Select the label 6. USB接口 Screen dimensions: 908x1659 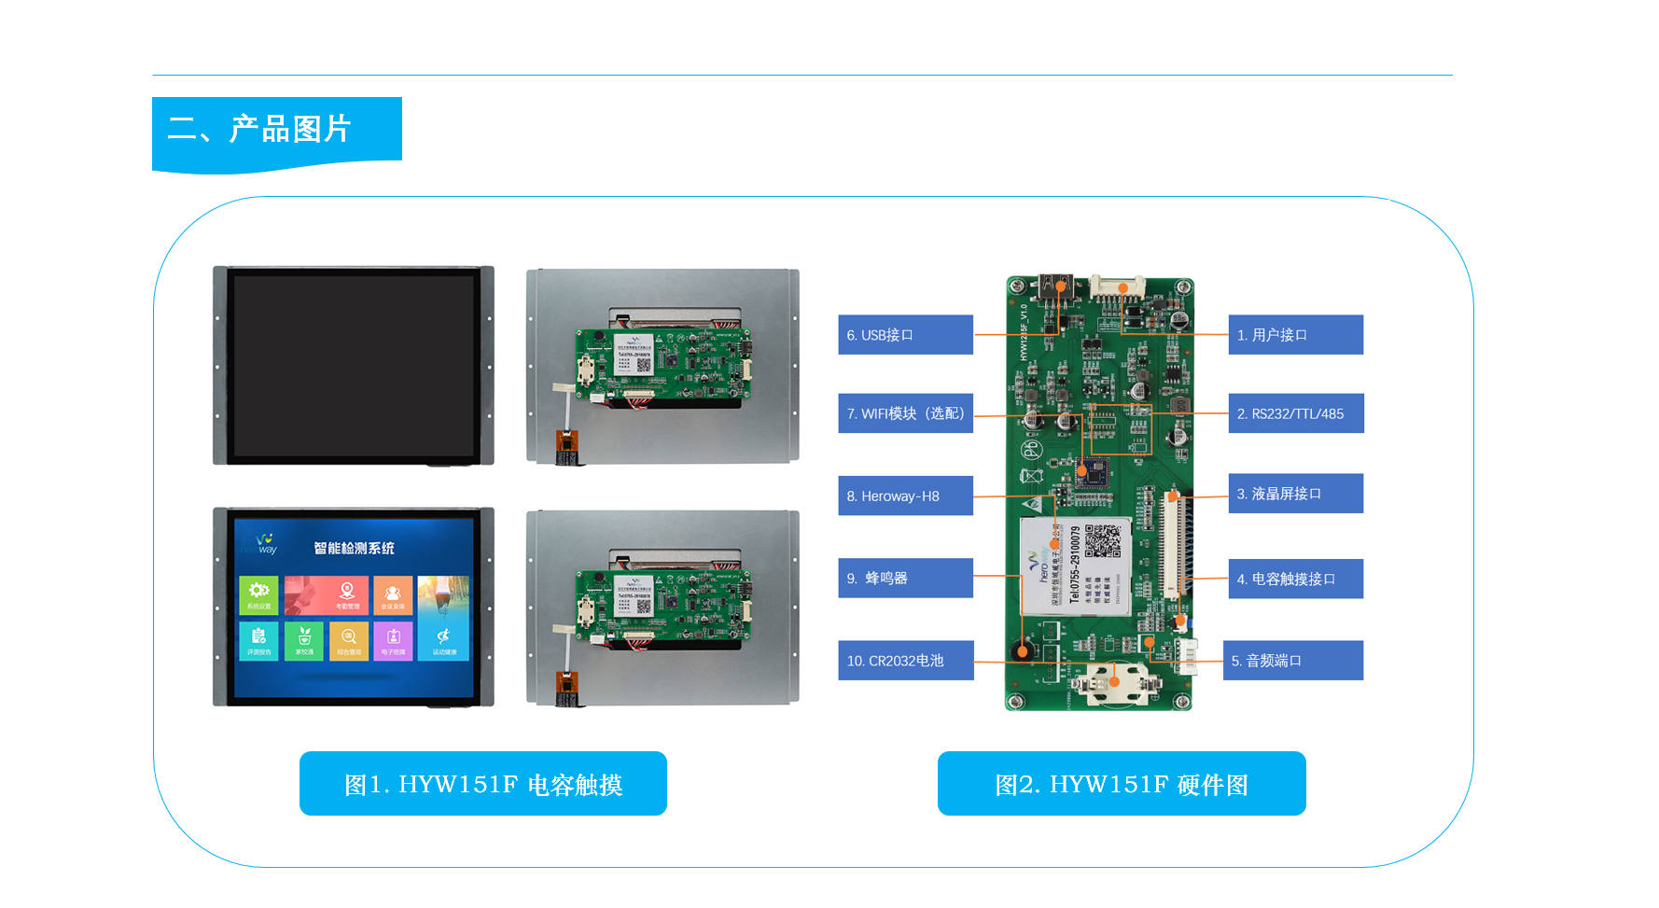coord(905,335)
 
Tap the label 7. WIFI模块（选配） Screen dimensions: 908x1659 coord(905,413)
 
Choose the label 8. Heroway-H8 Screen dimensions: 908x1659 coord(905,496)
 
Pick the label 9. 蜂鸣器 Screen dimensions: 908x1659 coord(905,578)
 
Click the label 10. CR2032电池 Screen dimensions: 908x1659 coord(905,660)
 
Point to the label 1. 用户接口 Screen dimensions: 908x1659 coord(1295,335)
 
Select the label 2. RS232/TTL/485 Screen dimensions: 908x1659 coord(1295,413)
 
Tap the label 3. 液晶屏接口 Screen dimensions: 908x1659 coord(1295,494)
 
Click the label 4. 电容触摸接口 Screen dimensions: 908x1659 coord(1295,579)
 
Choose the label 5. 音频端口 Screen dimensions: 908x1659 coord(1293,660)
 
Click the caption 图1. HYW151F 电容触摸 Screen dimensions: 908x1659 coord(482,784)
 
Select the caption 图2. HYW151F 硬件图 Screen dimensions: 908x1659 coord(1121,784)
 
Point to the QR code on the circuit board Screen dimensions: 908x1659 coord(1102,540)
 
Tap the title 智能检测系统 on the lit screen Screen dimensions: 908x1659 coord(354,548)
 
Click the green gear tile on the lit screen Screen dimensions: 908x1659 coord(258,594)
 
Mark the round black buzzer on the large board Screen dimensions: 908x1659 coord(1024,650)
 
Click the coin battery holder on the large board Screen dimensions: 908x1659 coord(1114,684)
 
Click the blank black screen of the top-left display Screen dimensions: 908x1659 coord(354,364)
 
